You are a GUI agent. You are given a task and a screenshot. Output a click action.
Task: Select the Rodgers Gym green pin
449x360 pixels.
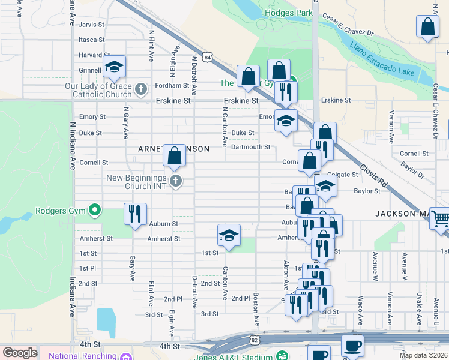click(94, 210)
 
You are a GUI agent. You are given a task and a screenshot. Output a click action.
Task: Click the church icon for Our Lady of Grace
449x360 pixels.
click(141, 90)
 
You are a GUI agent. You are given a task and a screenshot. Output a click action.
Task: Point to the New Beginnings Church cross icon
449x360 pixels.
click(175, 182)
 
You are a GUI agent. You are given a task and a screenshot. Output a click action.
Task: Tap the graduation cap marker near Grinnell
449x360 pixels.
click(114, 68)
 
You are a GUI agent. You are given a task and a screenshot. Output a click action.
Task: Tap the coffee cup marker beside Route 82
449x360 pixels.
click(352, 346)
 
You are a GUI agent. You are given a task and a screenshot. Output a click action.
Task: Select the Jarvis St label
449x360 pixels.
click(92, 25)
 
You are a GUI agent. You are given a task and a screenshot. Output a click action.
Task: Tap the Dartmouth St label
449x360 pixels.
click(250, 147)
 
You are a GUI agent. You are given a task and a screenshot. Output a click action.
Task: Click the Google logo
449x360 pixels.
click(20, 353)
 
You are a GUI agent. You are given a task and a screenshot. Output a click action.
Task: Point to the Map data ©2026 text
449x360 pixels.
click(423, 355)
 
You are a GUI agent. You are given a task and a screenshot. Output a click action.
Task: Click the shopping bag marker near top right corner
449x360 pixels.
click(427, 27)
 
